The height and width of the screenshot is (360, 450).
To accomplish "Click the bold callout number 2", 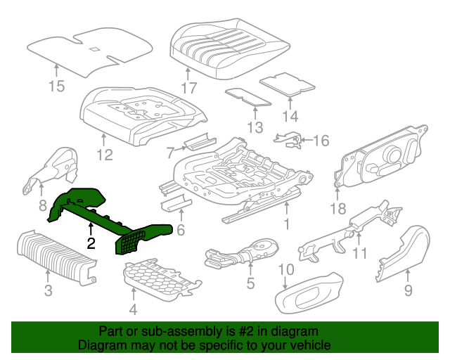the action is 91,243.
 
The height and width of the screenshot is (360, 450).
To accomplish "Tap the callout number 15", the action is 56,86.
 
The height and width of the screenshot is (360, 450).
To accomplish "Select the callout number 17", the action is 189,88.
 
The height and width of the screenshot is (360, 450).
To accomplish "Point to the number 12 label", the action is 105,155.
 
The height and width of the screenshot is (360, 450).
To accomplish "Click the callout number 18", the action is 337,208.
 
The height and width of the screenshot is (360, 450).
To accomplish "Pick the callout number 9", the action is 408,290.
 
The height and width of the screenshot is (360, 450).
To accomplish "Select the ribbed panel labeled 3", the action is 58,257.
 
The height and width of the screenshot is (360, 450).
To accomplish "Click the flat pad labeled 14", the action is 288,84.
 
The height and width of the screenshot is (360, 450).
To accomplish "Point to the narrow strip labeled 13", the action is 248,97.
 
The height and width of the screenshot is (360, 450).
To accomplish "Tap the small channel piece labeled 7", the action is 200,141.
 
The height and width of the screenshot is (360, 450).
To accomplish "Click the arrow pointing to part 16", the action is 307,140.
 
